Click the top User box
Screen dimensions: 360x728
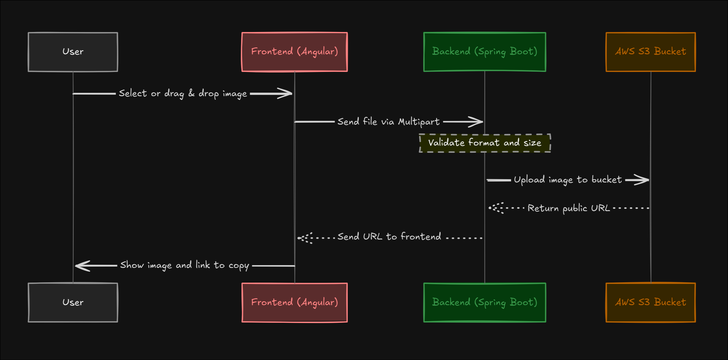[73, 52]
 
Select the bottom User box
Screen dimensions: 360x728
[73, 302]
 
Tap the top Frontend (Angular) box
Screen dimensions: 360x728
[294, 52]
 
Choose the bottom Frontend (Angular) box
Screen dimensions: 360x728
[294, 302]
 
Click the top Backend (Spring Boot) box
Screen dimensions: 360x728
[485, 52]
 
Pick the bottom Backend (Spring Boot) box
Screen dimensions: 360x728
[485, 302]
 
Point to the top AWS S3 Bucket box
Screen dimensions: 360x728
[651, 52]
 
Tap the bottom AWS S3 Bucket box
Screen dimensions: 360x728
[651, 302]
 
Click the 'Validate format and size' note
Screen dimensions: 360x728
[485, 143]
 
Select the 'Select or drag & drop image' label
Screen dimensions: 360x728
[183, 94]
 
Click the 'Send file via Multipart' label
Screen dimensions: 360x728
[389, 122]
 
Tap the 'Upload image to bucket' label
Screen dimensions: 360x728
[568, 180]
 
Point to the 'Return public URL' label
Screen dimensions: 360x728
[569, 208]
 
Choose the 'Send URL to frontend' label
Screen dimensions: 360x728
[389, 237]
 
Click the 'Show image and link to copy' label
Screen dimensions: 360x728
[185, 265]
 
